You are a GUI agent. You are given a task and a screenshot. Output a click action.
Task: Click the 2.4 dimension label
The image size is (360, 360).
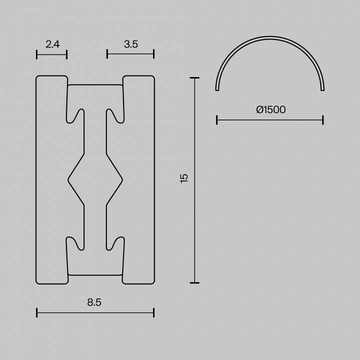coord(52,44)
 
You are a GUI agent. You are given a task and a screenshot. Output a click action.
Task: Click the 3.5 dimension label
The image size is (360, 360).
coord(130,44)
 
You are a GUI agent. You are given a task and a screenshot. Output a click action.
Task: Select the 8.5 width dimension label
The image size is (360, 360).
coord(94,302)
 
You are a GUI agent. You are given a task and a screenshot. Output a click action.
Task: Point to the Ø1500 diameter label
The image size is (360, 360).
coord(270,109)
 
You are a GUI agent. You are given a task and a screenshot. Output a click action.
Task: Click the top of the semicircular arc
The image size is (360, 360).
coord(270,37)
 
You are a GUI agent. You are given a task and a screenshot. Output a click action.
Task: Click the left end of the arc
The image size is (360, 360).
coord(217,89)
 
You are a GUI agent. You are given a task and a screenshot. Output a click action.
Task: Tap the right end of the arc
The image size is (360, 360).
coord(323,89)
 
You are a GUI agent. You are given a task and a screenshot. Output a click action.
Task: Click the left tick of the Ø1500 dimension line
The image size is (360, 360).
coord(217,120)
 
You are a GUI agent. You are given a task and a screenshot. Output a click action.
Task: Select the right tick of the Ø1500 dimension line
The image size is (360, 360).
coord(323,120)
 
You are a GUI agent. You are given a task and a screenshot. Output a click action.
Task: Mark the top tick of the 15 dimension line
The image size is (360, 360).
coord(194,78)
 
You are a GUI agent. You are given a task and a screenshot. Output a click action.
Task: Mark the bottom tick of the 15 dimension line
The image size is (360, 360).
coord(194,283)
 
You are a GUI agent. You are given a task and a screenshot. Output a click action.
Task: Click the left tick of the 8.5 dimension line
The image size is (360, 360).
coord(37,313)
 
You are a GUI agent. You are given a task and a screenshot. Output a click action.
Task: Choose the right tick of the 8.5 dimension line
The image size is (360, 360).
coord(153,313)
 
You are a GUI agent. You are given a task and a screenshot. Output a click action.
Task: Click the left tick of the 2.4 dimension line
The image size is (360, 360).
coord(37,54)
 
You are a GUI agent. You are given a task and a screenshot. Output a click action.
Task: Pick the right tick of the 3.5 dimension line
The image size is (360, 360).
coord(153,54)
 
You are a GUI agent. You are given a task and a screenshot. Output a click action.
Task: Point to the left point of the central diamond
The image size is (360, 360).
coord(68,177)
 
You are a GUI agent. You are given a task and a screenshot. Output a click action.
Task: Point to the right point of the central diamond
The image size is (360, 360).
coord(122,177)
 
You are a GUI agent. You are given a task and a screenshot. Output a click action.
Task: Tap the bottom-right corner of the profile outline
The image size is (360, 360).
coord(153,282)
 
